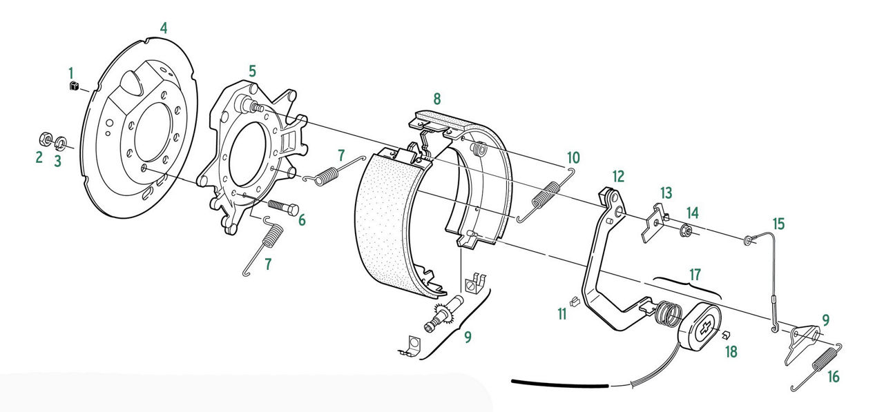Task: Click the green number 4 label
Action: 164,28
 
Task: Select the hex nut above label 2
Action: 44,137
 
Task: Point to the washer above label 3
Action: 61,142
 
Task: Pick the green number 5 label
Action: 253,70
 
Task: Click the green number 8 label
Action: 436,97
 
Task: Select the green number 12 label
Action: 618,175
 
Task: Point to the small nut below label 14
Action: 686,230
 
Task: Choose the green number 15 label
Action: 778,224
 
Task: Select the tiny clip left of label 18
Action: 726,335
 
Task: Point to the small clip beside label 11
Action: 575,300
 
